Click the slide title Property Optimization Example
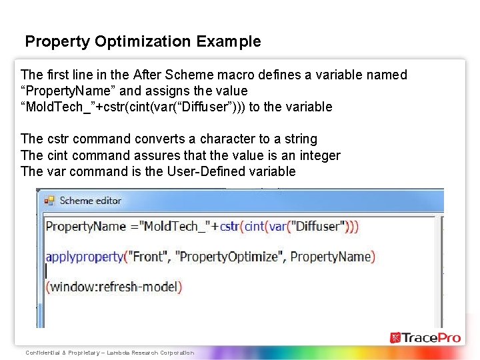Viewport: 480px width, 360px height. pos(143,41)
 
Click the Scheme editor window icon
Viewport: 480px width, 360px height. pos(49,200)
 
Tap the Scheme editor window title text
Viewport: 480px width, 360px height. pos(91,200)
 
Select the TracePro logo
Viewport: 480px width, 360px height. pos(425,338)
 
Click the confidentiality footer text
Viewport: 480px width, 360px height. pos(109,353)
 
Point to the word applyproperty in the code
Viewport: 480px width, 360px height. pos(85,256)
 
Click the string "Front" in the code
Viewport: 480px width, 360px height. pos(149,256)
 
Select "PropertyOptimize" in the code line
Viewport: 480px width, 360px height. pos(229,256)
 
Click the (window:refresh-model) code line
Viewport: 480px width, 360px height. pos(113,287)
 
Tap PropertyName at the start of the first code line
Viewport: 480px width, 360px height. pos(85,226)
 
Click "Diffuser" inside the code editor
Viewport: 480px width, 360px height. pos(313,226)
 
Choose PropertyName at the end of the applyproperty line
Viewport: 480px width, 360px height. pos(331,256)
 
